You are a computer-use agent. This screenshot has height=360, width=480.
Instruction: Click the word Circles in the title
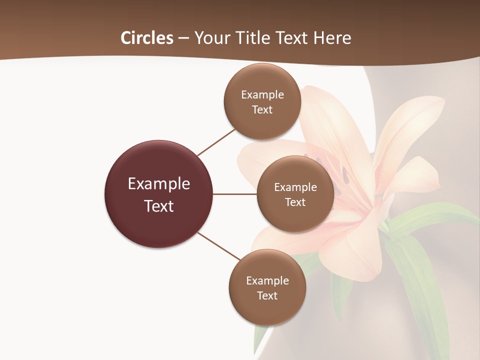146,38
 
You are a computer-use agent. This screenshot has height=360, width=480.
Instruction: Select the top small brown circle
262,125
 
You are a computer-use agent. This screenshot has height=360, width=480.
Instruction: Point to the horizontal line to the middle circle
235,194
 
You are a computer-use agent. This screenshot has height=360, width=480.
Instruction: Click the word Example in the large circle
159,184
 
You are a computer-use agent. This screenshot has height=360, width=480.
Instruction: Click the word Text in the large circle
159,206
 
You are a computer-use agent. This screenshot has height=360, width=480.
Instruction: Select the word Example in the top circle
262,95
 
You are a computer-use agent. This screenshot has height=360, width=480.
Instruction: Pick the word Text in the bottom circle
267,296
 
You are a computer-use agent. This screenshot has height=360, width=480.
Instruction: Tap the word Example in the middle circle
295,187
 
